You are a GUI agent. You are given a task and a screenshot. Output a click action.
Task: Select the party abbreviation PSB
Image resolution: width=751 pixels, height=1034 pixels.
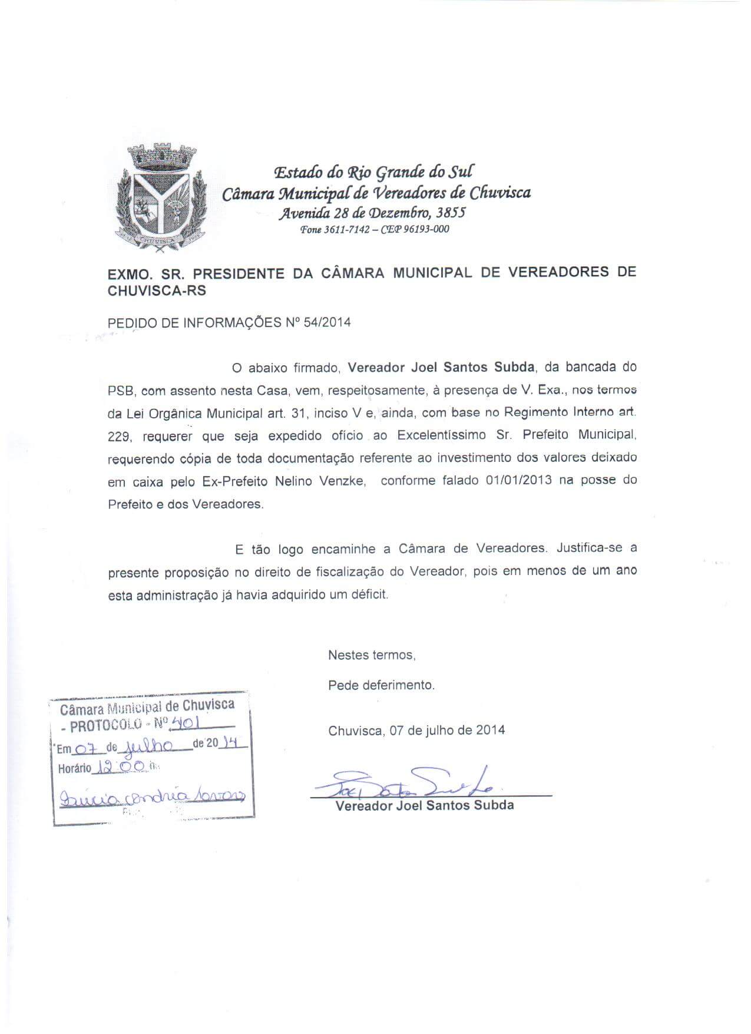121,390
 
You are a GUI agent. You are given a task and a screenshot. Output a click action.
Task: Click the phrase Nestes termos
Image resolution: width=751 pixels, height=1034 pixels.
372,655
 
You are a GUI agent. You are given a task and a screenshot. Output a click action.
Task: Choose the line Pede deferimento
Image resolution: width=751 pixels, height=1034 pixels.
381,685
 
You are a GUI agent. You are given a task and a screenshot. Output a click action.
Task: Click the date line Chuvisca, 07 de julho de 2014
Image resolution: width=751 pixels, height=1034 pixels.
416,730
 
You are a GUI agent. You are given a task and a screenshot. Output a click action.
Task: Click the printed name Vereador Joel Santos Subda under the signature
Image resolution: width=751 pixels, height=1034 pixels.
424,805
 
